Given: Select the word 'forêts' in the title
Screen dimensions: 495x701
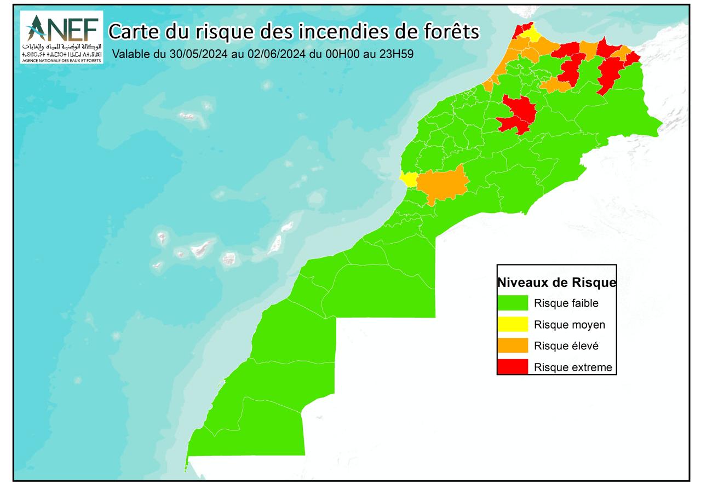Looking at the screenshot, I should [452, 32].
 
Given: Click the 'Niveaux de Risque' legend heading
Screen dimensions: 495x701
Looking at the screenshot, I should [556, 283].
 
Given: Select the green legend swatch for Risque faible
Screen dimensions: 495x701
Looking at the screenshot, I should [513, 303].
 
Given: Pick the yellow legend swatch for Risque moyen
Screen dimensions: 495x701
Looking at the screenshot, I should [513, 324].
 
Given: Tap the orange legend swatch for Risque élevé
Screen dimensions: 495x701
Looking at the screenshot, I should [513, 346].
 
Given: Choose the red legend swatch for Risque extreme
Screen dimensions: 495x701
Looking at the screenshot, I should [513, 367].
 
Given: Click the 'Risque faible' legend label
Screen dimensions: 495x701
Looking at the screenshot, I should [566, 303].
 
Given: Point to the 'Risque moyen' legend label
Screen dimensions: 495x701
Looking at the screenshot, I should [570, 325].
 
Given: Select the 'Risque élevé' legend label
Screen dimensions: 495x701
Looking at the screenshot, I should [566, 346].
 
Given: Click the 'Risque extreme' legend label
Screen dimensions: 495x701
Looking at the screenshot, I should [573, 367].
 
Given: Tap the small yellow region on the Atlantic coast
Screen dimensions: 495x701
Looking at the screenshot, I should [408, 179].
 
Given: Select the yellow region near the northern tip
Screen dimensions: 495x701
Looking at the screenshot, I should [530, 36].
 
